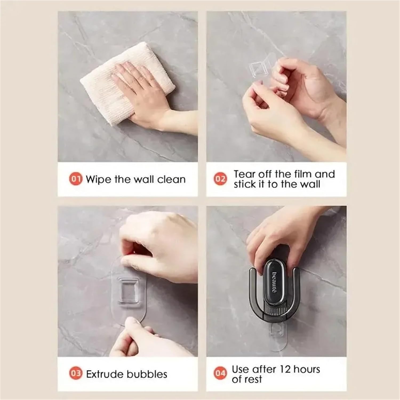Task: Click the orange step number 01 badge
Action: coord(75,179)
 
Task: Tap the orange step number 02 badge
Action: coord(220,179)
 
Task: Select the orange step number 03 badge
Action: coord(75,374)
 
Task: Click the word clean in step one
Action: coord(171,179)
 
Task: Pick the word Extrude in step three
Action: coord(105,374)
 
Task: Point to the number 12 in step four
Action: coord(285,369)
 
